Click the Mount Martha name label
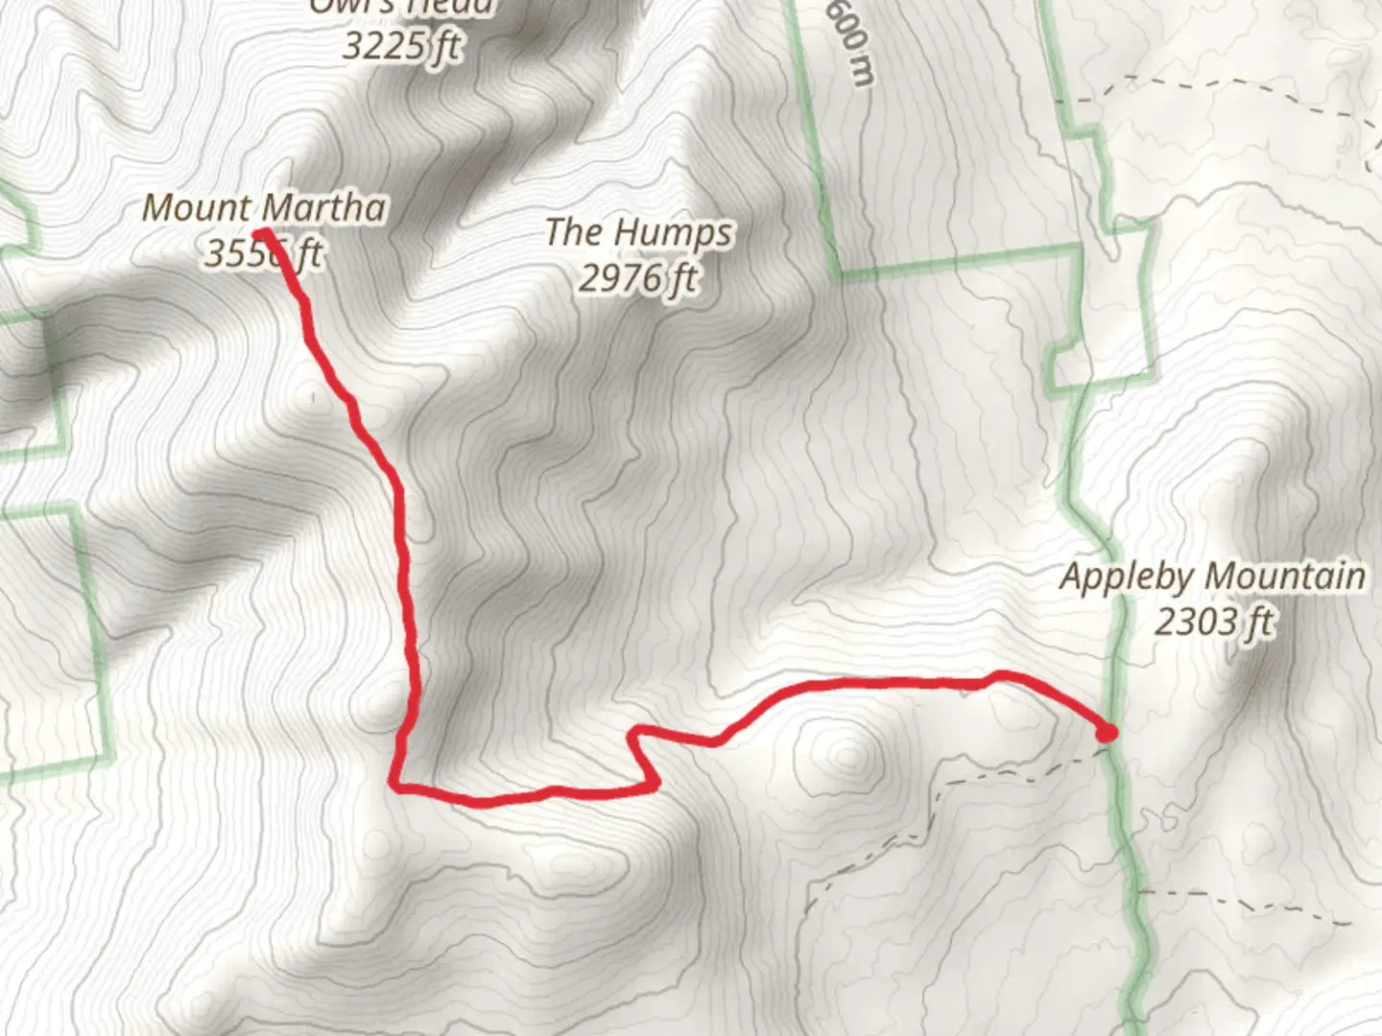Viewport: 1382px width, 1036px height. coord(264,207)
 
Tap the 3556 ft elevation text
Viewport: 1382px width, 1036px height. coord(263,253)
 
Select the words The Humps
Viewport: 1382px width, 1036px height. coord(639,232)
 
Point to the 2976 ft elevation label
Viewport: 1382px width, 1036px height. coord(638,277)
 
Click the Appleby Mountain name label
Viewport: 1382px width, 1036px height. coord(1212,577)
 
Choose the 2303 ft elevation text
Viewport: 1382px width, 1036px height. coord(1212,622)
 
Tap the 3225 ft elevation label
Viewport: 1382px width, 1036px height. coord(401,45)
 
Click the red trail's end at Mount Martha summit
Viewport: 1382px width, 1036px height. coord(259,232)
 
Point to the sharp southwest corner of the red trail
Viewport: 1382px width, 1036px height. coord(394,786)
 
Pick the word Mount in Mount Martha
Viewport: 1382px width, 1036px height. coord(197,207)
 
